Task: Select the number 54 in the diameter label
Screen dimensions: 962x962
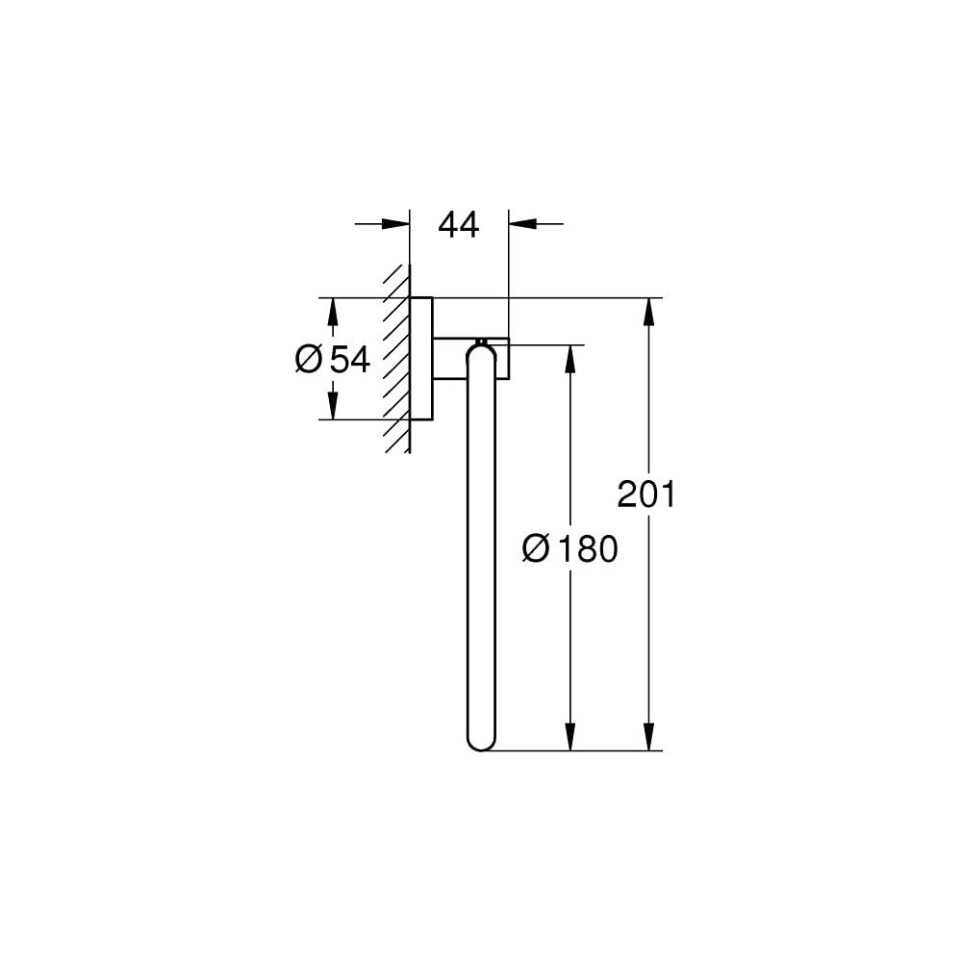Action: coord(350,360)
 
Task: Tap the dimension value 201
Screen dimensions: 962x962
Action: coord(646,494)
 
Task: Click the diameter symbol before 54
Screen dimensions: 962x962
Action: coord(309,360)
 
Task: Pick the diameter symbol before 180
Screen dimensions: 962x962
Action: coord(536,550)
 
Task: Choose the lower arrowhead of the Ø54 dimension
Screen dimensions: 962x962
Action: coord(333,406)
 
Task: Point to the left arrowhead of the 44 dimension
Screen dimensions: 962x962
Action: coord(395,224)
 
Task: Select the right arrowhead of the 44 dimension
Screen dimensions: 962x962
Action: coord(522,224)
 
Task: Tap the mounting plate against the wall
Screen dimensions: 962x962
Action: coord(421,359)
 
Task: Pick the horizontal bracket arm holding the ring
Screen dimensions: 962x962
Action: coord(452,360)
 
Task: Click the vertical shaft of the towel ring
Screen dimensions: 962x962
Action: coord(480,548)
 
